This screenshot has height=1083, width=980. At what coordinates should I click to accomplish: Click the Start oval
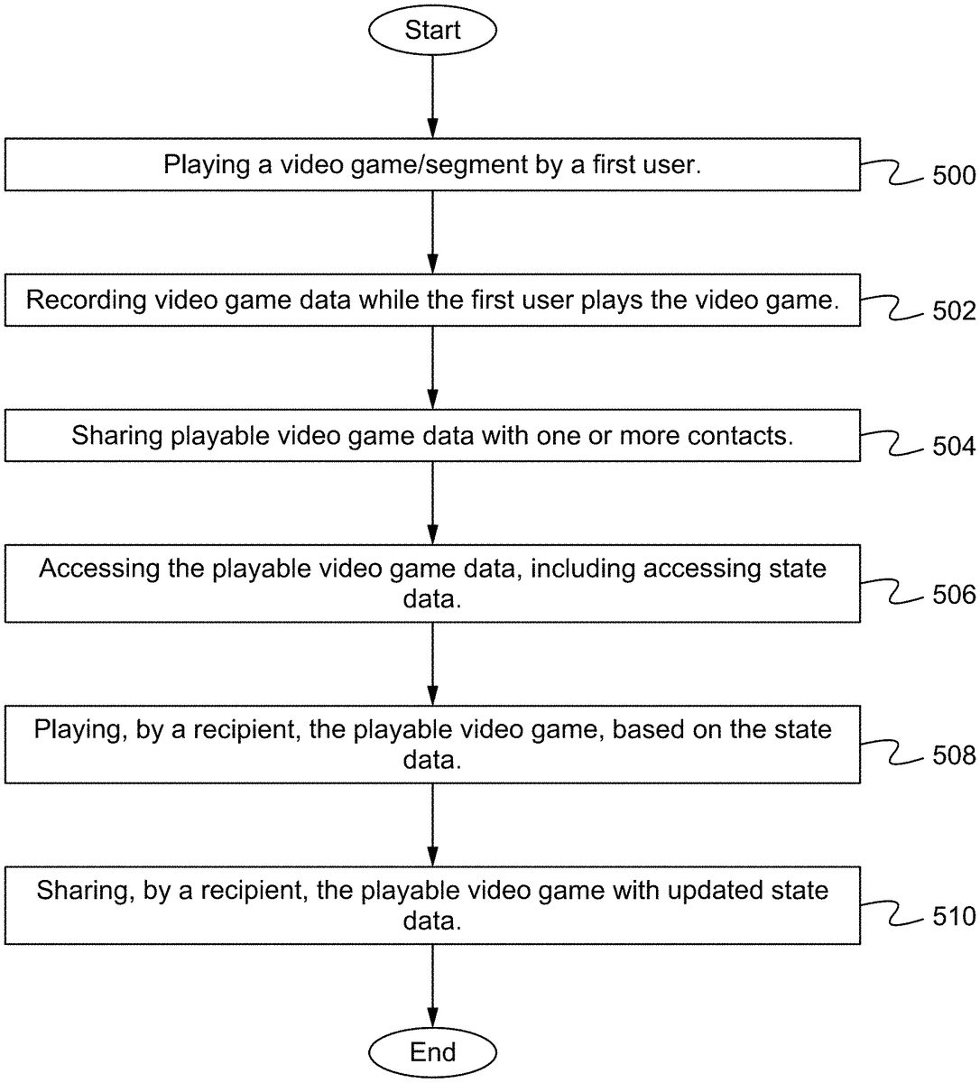pyautogui.click(x=432, y=30)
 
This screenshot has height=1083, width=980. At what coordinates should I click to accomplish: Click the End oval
pyautogui.click(x=432, y=1052)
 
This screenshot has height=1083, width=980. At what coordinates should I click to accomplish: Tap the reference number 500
pyautogui.click(x=954, y=175)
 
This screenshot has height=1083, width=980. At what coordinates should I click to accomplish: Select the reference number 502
pyautogui.click(x=954, y=311)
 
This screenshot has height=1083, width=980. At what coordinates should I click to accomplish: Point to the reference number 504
pyautogui.click(x=954, y=447)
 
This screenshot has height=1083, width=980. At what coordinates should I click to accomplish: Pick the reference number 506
pyautogui.click(x=954, y=595)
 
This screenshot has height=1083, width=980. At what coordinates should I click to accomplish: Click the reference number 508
pyautogui.click(x=954, y=755)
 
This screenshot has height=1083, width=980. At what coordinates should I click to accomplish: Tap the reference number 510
pyautogui.click(x=954, y=917)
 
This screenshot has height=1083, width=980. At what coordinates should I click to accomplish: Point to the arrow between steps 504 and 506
pyautogui.click(x=432, y=503)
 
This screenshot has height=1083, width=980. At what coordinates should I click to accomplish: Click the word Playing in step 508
pyautogui.click(x=79, y=729)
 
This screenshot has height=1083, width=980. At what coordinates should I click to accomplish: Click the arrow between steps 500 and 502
pyautogui.click(x=432, y=232)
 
